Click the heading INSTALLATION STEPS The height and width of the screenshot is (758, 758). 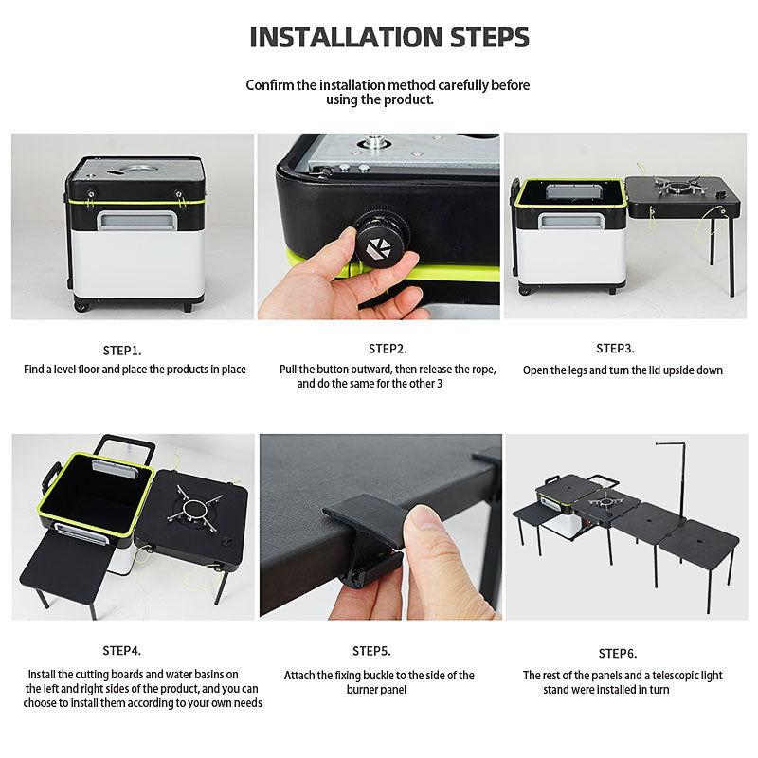389,37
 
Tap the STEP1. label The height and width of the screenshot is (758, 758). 122,351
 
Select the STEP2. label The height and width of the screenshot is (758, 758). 388,349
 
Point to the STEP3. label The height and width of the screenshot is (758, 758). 615,348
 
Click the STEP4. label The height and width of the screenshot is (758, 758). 122,651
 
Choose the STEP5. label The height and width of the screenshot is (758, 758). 371,651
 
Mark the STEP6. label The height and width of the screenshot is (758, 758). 618,654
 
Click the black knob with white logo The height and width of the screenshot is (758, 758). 382,240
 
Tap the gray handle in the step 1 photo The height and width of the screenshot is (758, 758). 137,220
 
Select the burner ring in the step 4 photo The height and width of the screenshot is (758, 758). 195,511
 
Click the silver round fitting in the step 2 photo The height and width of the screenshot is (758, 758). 373,142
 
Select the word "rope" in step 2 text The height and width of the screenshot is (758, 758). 484,370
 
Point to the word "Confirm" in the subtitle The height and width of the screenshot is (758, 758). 270,85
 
